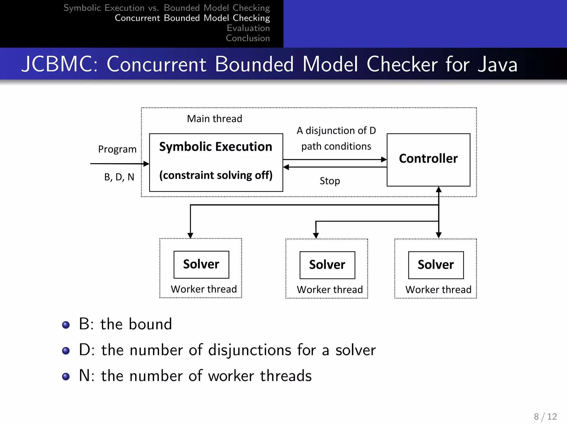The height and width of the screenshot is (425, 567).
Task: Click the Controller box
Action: click(428, 160)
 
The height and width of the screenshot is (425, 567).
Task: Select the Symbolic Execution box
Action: click(216, 162)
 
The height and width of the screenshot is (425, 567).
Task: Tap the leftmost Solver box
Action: click(201, 265)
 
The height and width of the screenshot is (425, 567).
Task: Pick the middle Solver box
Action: click(327, 265)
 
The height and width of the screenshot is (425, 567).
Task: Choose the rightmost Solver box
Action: click(436, 265)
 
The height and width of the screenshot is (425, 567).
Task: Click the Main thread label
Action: click(215, 119)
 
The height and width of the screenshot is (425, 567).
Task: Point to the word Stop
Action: click(330, 181)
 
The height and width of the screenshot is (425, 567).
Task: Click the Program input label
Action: click(117, 149)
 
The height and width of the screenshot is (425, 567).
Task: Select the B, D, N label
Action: click(119, 177)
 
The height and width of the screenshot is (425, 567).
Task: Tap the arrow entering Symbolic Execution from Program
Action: click(119, 164)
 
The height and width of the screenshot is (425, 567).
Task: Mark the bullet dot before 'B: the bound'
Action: click(66, 325)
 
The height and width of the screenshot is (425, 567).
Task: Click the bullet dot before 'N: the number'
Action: click(66, 377)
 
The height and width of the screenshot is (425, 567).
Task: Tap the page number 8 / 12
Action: click(545, 416)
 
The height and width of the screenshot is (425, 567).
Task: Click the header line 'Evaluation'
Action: click(248, 28)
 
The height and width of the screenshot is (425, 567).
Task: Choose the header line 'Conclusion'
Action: click(248, 38)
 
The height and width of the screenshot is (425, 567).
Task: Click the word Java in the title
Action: click(498, 64)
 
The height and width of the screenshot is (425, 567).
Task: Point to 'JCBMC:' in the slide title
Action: click(60, 64)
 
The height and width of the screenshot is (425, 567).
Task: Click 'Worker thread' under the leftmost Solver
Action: click(204, 289)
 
